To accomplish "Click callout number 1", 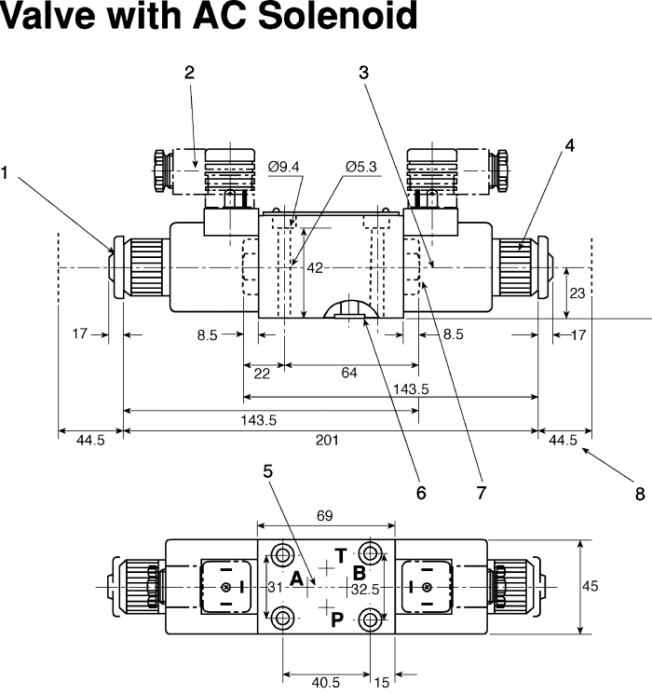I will tap(7, 172).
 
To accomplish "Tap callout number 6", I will tap(420, 493).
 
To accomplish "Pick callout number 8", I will tap(640, 494).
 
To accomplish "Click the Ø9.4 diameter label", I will tap(283, 167).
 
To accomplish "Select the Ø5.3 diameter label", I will tap(360, 167).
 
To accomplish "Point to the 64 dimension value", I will tap(349, 374).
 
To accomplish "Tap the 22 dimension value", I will tap(262, 374).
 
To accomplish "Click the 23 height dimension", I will tap(577, 293).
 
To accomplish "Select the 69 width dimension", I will tap(326, 514).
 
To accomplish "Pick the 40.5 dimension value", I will tap(325, 683).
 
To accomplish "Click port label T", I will tap(341, 556).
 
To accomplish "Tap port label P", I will tap(337, 619).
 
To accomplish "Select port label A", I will tap(296, 579).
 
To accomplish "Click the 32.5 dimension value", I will tap(365, 589).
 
